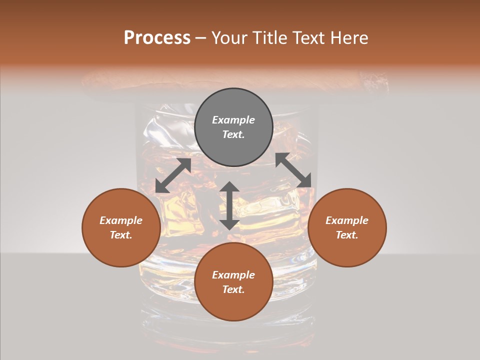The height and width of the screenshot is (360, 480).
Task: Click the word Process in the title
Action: pyautogui.click(x=157, y=38)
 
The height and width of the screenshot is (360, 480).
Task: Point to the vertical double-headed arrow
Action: pyautogui.click(x=229, y=205)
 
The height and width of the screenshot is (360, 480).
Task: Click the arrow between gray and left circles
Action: pyautogui.click(x=173, y=175)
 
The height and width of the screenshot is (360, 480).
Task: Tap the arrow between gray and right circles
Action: pyautogui.click(x=293, y=170)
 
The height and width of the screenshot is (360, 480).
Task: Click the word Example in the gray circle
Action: pyautogui.click(x=233, y=120)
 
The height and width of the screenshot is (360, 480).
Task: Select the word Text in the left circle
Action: pyautogui.click(x=121, y=235)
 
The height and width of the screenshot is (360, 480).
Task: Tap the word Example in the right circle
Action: pyautogui.click(x=347, y=220)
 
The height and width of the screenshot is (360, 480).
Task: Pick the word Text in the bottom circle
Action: pyautogui.click(x=233, y=289)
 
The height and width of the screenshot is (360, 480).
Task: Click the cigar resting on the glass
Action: pyautogui.click(x=235, y=83)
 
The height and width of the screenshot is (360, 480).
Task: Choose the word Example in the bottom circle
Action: pyautogui.click(x=233, y=275)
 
